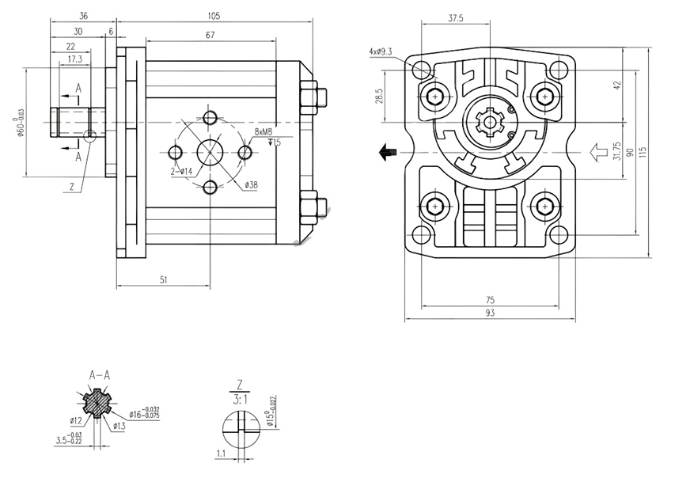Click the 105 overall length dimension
213,16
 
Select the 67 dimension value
210,36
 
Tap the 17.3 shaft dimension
74,59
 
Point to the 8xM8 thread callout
264,131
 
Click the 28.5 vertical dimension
380,96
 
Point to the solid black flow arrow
388,152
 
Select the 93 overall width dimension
490,314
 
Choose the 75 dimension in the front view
490,300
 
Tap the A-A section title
99,375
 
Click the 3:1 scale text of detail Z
238,400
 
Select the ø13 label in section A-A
119,427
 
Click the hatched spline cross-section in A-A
97,404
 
